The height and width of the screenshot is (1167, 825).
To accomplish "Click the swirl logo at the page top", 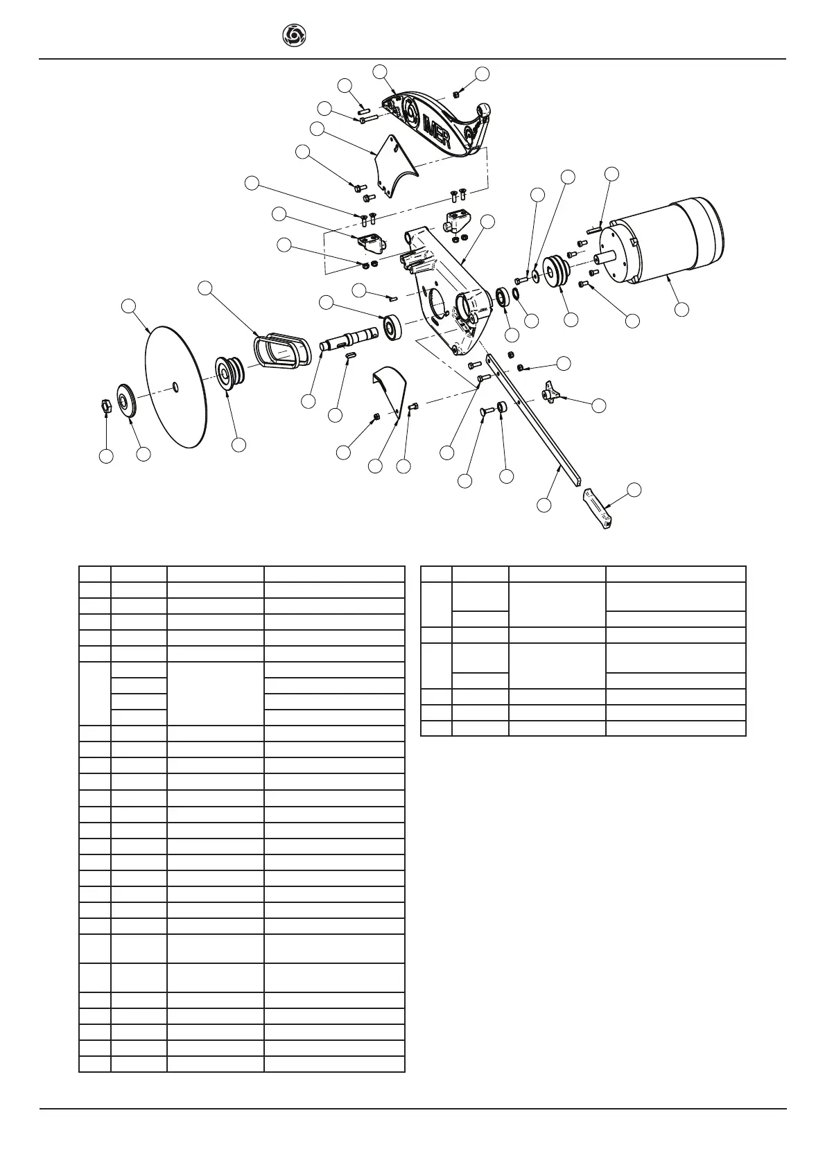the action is click(295, 35).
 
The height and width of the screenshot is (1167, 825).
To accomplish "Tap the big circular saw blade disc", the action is click(176, 387).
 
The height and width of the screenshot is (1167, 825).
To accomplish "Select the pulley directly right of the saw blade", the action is click(227, 374).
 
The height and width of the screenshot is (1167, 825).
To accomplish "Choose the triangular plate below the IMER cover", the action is click(394, 166).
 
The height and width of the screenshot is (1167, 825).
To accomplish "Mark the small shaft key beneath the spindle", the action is click(350, 356).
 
